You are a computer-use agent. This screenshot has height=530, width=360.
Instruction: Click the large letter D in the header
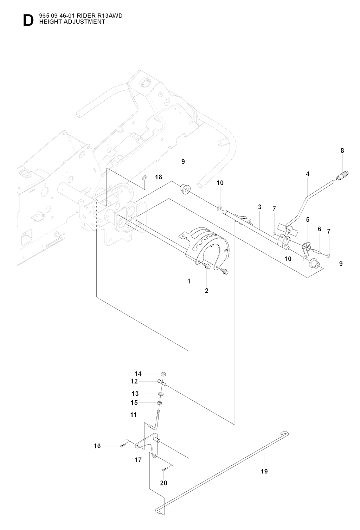click(28, 20)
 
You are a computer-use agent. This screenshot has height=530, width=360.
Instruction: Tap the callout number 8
click(342, 150)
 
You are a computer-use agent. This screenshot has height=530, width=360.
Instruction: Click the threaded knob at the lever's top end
click(343, 175)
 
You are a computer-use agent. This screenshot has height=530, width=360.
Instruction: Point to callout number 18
click(159, 177)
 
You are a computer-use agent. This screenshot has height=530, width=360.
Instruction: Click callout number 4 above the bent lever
click(308, 174)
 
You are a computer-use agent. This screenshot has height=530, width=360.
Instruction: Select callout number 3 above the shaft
click(259, 207)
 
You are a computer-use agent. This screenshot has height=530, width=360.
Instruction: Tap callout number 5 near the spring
click(308, 219)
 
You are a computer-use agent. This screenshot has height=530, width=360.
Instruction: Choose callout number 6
click(319, 229)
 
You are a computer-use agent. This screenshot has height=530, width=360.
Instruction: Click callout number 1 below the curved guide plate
click(189, 281)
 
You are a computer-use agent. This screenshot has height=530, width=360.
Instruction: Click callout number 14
click(138, 374)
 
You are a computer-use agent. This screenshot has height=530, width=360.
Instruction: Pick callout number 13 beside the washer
click(135, 394)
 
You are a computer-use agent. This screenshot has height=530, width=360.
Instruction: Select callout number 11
click(133, 415)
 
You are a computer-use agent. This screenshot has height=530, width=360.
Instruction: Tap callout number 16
click(97, 446)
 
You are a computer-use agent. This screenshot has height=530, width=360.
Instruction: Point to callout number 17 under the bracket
click(138, 460)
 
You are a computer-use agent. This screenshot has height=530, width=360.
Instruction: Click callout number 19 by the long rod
click(264, 471)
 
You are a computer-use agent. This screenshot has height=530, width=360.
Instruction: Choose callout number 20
click(163, 483)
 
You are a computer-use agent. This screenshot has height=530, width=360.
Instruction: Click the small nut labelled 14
click(163, 374)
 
